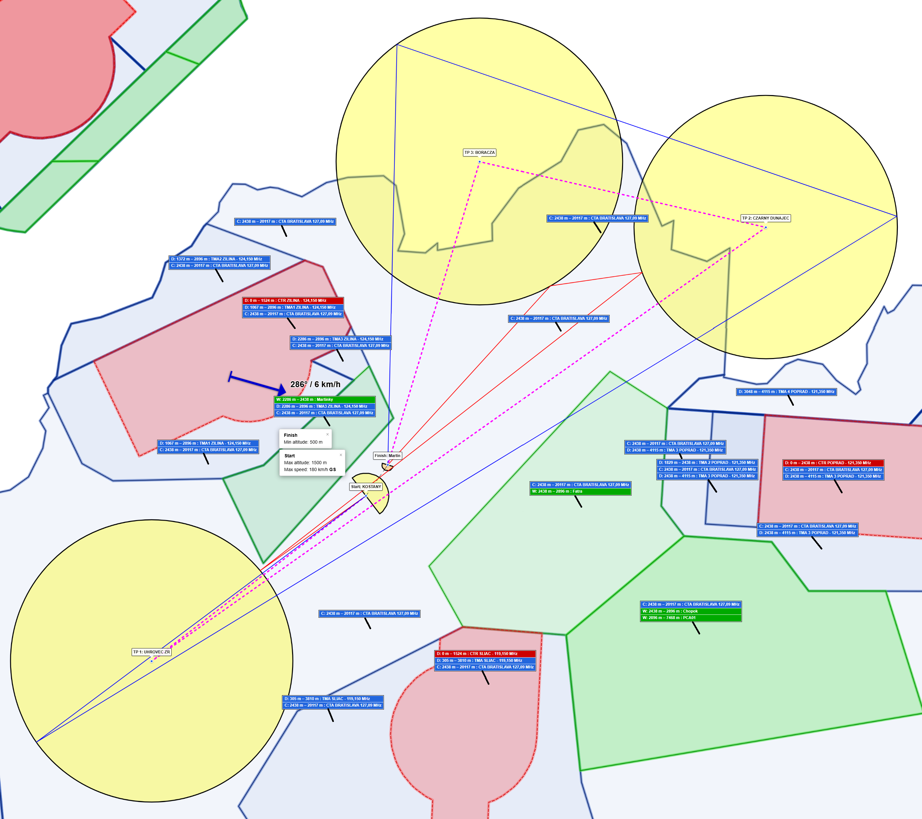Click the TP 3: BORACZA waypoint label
(x=480, y=153)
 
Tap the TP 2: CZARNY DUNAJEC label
(x=766, y=218)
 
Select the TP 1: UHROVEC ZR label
(x=152, y=652)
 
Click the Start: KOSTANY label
(x=366, y=487)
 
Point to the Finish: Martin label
(x=387, y=455)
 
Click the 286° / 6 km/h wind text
(x=315, y=384)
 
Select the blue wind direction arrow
(x=257, y=383)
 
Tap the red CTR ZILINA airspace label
(x=293, y=300)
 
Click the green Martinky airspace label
(x=325, y=400)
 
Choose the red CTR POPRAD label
(x=833, y=463)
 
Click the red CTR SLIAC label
(x=485, y=653)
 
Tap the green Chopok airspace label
(x=691, y=611)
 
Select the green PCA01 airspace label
(x=691, y=618)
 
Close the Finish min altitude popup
(x=327, y=434)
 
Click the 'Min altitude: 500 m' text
(x=303, y=442)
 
